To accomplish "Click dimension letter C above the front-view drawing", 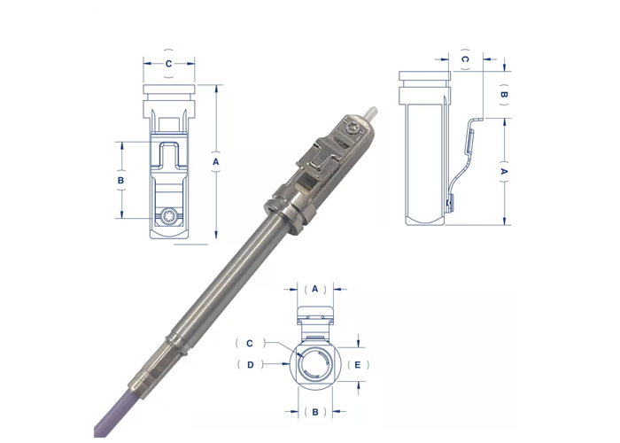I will (x=169, y=64).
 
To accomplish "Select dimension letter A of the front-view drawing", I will (x=215, y=162).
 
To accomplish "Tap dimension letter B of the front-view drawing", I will (x=121, y=180).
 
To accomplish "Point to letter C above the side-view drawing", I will (x=465, y=59).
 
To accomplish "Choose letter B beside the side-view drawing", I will (x=504, y=94).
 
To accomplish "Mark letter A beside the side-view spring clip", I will (x=504, y=169).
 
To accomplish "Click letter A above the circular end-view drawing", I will (x=314, y=289).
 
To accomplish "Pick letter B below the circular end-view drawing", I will (x=314, y=412).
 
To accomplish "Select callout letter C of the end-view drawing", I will (x=250, y=343).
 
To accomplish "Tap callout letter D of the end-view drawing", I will (x=250, y=364).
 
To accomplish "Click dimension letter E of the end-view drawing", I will (x=358, y=364).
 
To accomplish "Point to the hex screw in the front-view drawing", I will (x=170, y=215).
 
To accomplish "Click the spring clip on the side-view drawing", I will (x=464, y=159).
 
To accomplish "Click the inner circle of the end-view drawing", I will (x=314, y=365).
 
